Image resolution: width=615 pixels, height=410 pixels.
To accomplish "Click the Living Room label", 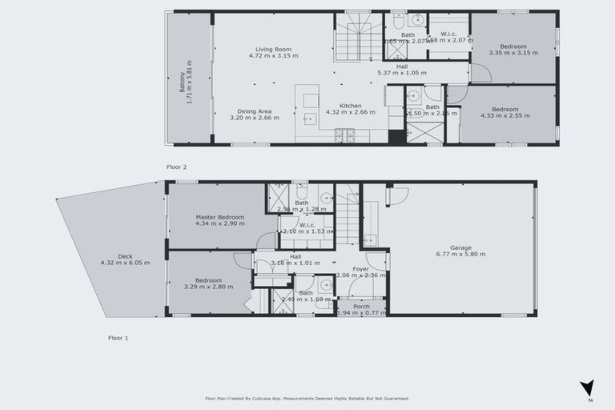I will (x=273, y=50).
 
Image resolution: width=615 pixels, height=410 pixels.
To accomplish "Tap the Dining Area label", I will (x=255, y=111).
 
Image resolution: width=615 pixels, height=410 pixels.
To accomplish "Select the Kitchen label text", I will (x=350, y=106).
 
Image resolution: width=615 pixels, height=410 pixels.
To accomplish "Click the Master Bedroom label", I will (x=219, y=217).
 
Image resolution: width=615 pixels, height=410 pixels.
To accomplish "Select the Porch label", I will (x=361, y=306).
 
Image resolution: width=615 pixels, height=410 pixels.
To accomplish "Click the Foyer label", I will (x=361, y=269).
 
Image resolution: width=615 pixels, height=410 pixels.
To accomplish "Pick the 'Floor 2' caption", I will (x=176, y=167).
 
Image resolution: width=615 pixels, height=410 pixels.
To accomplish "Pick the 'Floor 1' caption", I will (x=118, y=338).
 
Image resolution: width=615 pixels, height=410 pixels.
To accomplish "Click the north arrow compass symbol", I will (x=587, y=388).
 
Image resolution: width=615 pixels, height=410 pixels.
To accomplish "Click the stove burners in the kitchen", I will (x=344, y=135).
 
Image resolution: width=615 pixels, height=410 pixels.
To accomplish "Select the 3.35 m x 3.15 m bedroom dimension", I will (x=513, y=52).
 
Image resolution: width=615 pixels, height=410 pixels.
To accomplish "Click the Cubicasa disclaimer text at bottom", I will (x=307, y=398).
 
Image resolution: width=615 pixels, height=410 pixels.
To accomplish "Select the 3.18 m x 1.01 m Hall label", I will (x=295, y=263).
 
